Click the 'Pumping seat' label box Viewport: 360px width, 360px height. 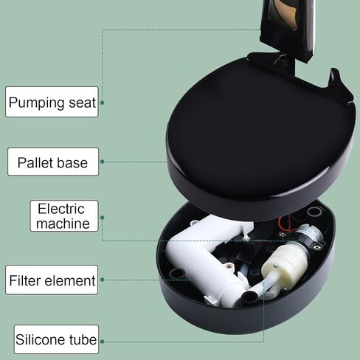coord(52,102)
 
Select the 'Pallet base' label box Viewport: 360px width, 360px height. coord(53,162)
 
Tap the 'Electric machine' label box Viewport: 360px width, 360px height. coord(64,216)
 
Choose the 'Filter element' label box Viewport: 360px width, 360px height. coord(52,280)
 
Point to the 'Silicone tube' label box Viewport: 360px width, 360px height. coord(56,339)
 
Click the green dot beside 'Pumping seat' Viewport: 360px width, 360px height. coord(103,103)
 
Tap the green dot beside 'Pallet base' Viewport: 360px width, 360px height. coord(103,162)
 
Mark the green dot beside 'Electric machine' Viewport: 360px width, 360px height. coord(103,218)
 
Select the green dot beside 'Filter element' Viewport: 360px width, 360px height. coord(103,280)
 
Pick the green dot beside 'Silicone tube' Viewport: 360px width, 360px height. coord(103,342)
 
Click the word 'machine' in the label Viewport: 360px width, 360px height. coord(63,224)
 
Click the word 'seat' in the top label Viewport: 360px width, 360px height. coord(82,103)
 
